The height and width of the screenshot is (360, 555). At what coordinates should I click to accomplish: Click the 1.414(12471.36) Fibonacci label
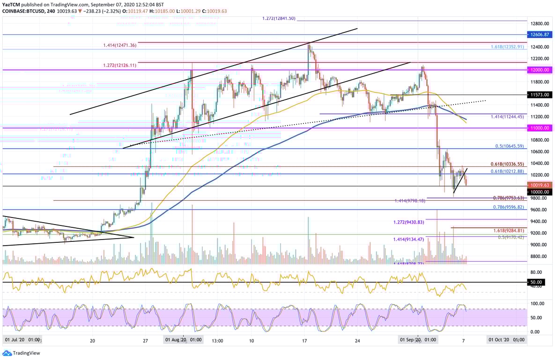(x=119, y=45)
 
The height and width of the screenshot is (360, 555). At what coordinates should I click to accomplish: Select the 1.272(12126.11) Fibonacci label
(x=119, y=66)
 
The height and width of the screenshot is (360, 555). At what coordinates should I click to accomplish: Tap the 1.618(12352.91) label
(x=508, y=47)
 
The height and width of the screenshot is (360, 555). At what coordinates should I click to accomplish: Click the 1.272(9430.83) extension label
(x=408, y=222)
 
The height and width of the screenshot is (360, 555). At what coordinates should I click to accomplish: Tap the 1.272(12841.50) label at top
(x=279, y=18)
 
